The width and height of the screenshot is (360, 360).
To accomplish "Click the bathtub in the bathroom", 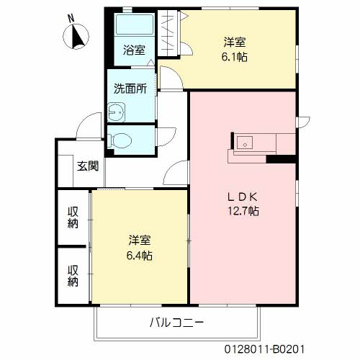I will pos(132,27).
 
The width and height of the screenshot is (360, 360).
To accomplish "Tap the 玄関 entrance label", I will pos(88,168).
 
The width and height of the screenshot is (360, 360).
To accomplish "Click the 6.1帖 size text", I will pos(235,57).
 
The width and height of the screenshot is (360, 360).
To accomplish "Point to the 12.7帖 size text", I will pos(243,211).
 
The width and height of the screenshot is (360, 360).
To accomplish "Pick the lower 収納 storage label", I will pos(73,275).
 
